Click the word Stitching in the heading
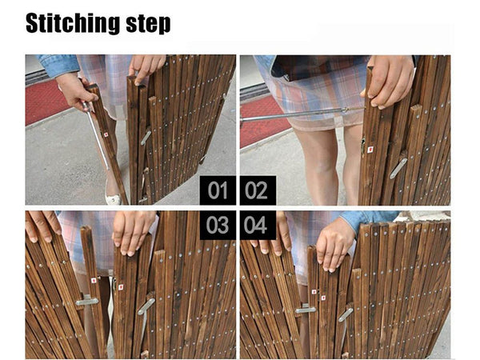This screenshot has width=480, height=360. pos(73,23)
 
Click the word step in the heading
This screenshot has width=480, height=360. pos(148,24)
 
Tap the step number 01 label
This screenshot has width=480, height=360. pos(218,190)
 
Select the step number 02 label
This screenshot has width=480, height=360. pos(257,190)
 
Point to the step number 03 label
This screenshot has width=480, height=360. pos(218,225)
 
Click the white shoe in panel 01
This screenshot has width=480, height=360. pos(113,198)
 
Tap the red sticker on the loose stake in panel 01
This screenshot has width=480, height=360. pos(106,134)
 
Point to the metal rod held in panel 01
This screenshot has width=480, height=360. pos(95,135)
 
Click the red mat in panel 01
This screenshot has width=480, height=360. pos(46,101)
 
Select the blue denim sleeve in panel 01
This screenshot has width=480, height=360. pos(58,65)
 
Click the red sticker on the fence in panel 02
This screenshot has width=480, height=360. pos(370,150)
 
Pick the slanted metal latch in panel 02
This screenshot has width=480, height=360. pos(398,168)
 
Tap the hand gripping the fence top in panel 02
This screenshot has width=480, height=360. pos(389,80)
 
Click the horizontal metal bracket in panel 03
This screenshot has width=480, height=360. pos(87,302)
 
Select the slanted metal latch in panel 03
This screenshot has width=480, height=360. pos(146,306)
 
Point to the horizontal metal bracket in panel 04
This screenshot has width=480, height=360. pos(306,310)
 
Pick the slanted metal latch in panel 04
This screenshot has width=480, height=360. pos(346,314)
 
